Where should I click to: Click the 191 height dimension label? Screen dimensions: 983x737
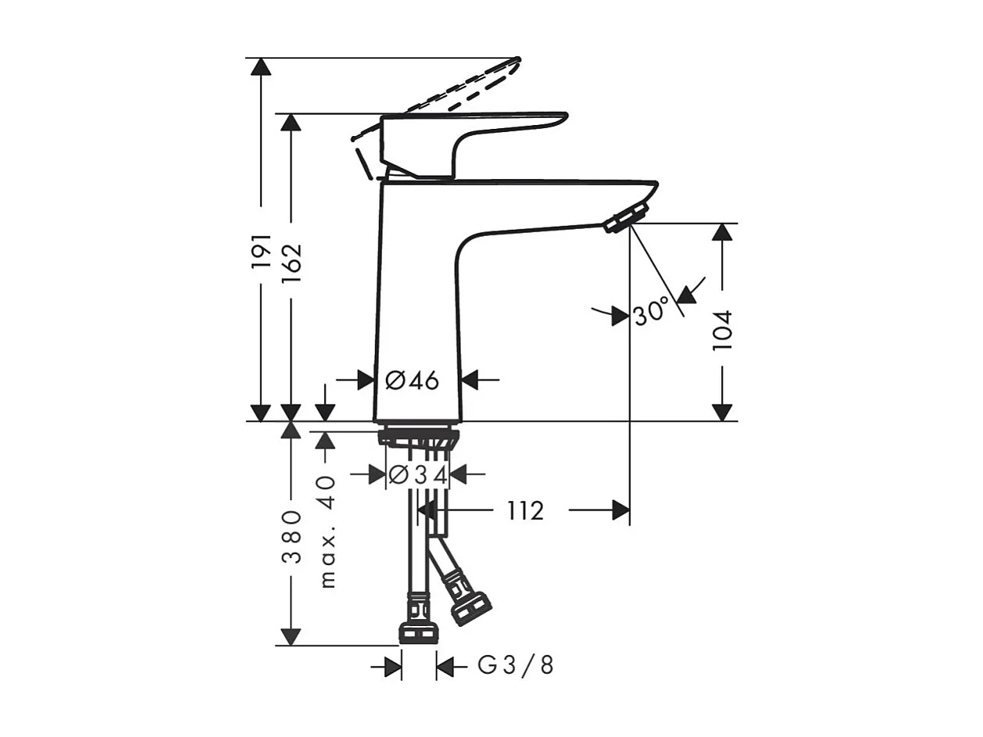(x=261, y=252)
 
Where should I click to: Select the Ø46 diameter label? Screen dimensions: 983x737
(x=413, y=381)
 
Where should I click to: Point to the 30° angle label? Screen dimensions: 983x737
(x=651, y=312)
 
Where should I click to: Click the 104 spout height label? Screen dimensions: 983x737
(x=723, y=330)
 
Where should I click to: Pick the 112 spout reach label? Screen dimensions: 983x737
(x=524, y=511)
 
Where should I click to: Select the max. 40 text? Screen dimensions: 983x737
(x=327, y=531)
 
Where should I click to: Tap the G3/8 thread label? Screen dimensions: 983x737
(x=516, y=666)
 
